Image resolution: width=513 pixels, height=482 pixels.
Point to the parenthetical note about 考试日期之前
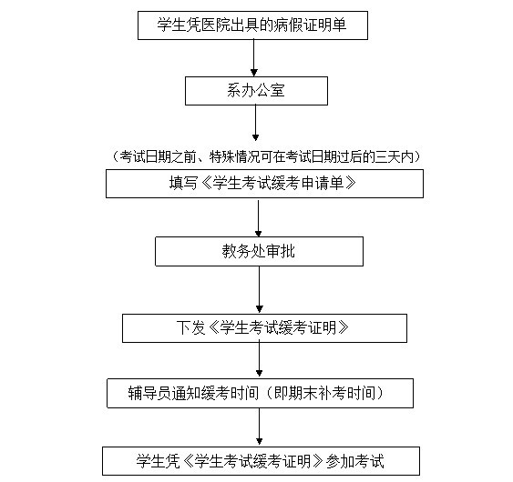click(266, 156)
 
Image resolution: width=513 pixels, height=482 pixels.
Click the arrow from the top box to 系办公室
click(254, 58)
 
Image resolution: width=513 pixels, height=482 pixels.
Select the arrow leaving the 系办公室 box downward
click(255, 123)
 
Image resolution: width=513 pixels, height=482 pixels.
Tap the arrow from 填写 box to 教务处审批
click(258, 217)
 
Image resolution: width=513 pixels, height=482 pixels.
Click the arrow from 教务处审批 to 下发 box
click(259, 290)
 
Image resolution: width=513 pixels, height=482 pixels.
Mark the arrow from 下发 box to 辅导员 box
click(259, 358)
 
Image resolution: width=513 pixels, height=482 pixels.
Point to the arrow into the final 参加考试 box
click(259, 427)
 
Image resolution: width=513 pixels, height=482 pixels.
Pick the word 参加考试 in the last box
click(354, 461)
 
